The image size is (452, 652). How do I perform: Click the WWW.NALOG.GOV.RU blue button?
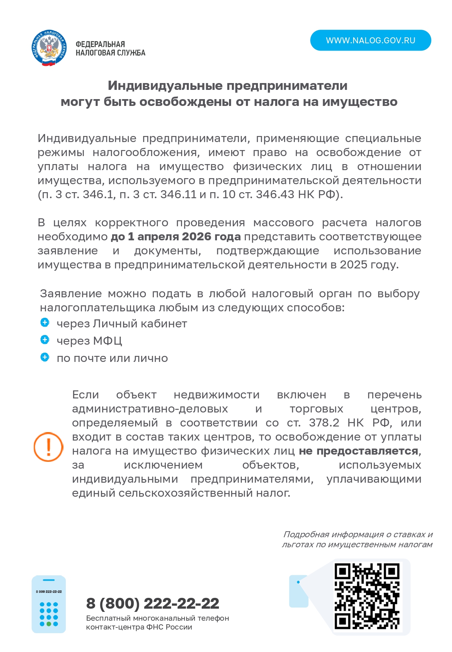pos(370,41)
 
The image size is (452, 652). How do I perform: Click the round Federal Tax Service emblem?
pos(49,48)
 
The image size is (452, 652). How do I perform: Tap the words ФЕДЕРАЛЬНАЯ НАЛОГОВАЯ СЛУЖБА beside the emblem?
pos(110,49)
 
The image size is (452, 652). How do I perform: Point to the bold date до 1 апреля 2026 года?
pos(176,237)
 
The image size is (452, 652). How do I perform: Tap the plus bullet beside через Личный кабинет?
pos(45,323)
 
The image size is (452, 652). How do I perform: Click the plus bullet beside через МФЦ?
pos(45,340)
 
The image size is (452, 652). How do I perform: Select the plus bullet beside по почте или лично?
pos(45,357)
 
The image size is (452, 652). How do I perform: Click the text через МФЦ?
pos(89,341)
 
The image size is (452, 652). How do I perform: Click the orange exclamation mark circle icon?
pos(48,447)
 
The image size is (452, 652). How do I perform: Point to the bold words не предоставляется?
pos(358,451)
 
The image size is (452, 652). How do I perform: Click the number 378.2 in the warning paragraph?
pos(324,423)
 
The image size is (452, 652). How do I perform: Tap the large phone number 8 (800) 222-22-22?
pos(153,603)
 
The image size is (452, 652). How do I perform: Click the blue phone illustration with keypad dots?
pos(49,604)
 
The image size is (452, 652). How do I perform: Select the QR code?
pos(367,596)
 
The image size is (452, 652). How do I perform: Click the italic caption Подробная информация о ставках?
pos(358,534)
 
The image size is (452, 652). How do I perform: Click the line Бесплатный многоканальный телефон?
pos(157,618)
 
